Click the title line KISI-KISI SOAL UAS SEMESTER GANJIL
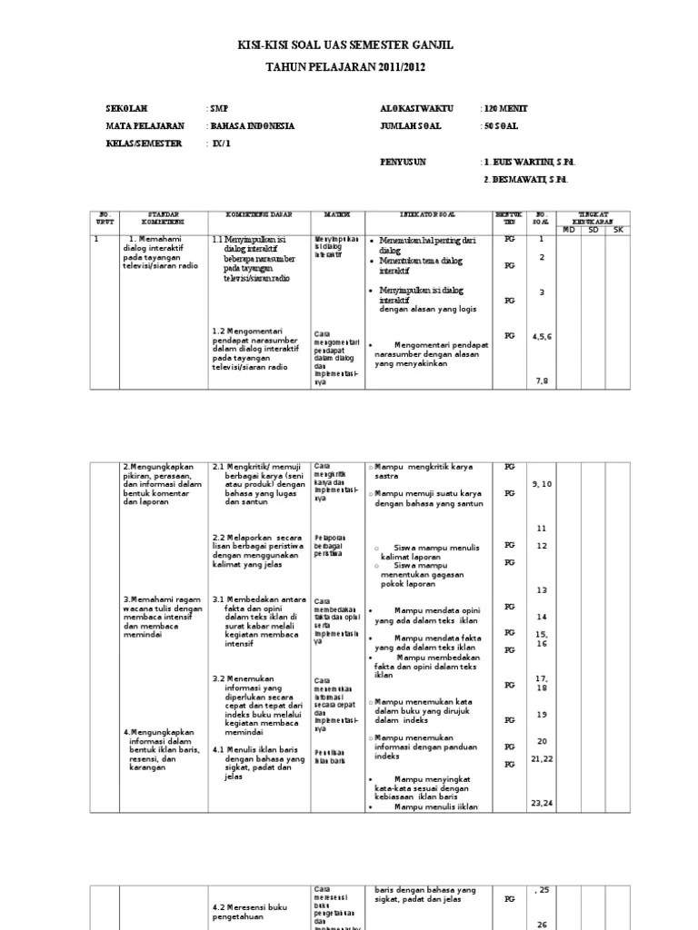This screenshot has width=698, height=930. pos(344,45)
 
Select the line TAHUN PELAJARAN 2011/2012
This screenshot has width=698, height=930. pos(344,67)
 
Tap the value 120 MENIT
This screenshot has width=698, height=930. pos(506,109)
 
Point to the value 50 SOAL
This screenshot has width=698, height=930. pos(503,126)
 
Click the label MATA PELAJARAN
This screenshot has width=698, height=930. pos(145,126)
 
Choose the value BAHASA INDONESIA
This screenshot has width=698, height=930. pos(253,126)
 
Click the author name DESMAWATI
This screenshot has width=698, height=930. pos(529,179)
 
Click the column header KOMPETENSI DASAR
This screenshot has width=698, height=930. pos(258,214)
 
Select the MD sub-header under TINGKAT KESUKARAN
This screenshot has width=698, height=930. pos(570,229)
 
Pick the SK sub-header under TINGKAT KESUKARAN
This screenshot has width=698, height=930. pos(619,229)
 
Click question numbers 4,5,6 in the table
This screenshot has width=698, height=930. pos(542,336)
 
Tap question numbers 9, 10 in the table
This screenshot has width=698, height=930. pos(542,484)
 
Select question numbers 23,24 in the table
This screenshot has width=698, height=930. pos(542,803)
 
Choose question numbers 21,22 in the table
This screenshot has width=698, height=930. pos(542,757)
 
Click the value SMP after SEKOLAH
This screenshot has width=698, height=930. pos(219,109)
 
